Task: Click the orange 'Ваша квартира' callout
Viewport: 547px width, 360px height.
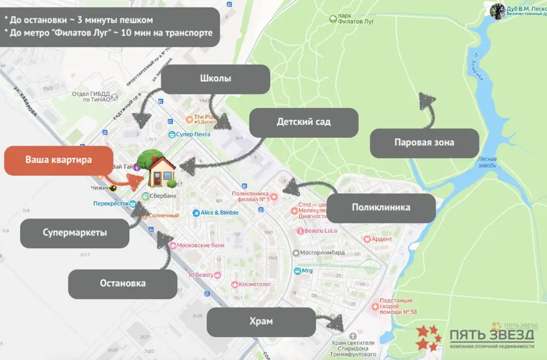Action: pyautogui.click(x=58, y=160)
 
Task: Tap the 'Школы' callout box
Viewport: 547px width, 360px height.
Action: pyautogui.click(x=215, y=79)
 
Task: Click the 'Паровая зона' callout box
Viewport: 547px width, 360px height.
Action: pyautogui.click(x=424, y=143)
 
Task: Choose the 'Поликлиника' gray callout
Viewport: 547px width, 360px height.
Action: pyautogui.click(x=380, y=207)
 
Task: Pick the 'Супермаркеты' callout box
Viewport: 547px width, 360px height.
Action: pyautogui.click(x=75, y=233)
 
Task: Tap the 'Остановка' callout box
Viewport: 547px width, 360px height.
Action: pyautogui.click(x=122, y=283)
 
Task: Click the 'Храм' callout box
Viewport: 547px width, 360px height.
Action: pyautogui.click(x=260, y=322)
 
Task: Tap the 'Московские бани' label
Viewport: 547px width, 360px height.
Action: pyautogui.click(x=197, y=245)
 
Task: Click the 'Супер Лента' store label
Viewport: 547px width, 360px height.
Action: pyautogui.click(x=190, y=135)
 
